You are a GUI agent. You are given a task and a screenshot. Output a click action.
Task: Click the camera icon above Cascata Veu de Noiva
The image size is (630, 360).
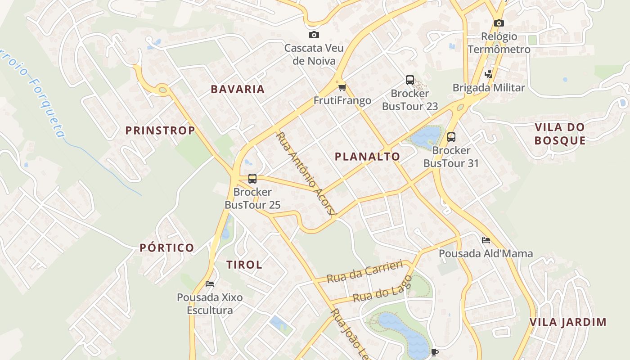click(x=314, y=35)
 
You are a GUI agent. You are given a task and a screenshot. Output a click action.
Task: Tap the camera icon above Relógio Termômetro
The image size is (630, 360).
click(x=499, y=23)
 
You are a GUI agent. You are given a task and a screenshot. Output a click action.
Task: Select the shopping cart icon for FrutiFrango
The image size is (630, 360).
click(x=342, y=87)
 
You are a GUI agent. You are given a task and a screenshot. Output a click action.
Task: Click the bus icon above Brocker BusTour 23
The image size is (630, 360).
click(x=409, y=80)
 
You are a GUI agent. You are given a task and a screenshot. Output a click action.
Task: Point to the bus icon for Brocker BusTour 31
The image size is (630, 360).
click(x=451, y=137)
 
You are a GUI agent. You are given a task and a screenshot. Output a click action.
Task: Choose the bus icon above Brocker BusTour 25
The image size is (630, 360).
click(x=252, y=179)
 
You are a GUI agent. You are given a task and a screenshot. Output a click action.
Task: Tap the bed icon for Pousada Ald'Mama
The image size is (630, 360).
click(x=486, y=240)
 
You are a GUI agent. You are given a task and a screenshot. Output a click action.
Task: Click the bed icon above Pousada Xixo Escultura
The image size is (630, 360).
click(x=209, y=283)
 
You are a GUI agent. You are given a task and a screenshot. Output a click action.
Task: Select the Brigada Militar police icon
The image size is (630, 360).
click(x=488, y=74)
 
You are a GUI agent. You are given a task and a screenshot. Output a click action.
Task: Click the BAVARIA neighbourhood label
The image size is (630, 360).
click(x=238, y=89)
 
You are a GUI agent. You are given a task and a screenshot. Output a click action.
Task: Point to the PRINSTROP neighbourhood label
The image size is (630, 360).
click(x=160, y=130)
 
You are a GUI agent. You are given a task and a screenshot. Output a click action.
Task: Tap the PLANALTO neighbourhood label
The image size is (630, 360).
click(x=367, y=157)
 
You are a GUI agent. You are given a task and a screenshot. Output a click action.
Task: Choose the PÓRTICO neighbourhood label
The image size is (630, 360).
click(x=166, y=247)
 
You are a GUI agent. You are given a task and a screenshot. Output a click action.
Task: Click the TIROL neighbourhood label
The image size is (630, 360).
click(x=244, y=265)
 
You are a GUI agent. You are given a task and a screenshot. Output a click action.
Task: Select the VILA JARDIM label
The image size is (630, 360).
click(x=568, y=322)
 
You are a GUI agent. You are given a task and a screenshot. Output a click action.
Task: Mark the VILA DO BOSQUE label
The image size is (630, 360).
click(x=560, y=134)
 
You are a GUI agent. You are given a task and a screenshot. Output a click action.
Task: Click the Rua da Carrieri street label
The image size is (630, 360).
click(x=364, y=271)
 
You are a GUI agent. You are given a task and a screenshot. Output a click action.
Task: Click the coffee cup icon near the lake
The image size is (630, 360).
click(x=434, y=352)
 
